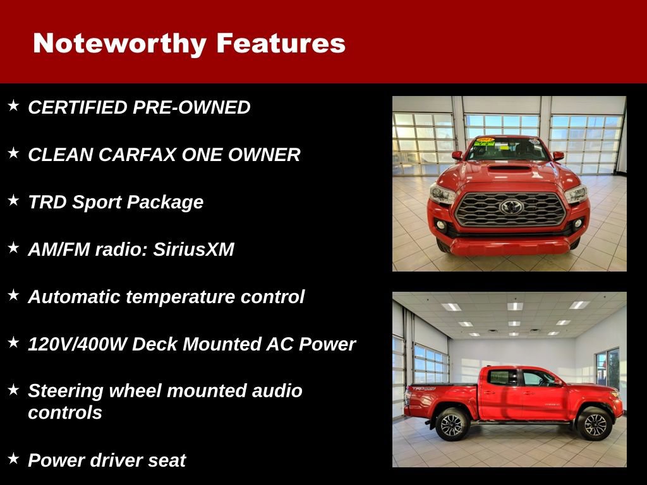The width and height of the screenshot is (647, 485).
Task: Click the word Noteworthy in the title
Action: point(119,44)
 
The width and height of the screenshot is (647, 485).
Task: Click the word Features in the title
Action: point(281,44)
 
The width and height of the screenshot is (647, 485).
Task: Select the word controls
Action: point(65,413)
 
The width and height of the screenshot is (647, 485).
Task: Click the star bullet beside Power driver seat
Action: point(13,458)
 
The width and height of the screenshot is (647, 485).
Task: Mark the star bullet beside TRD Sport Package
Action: point(13,200)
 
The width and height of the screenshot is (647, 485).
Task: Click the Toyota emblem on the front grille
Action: point(511,207)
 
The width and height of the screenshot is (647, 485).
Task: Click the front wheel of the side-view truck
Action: point(595,424)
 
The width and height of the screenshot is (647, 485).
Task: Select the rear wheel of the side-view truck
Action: point(451,424)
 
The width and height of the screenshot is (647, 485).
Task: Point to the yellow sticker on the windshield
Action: point(485,141)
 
